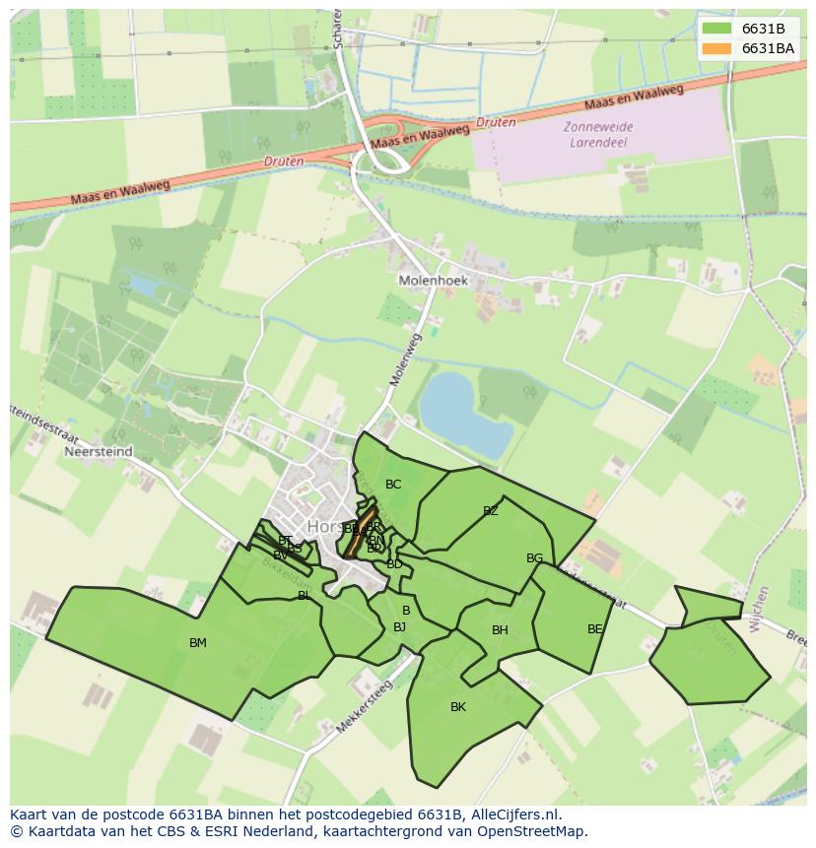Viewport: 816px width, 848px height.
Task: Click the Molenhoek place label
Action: (433, 281)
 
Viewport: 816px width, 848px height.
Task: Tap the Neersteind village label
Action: (96, 453)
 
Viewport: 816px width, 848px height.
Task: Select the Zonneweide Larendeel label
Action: (598, 134)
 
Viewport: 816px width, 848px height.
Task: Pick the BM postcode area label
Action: (198, 643)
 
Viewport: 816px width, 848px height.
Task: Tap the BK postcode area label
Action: (458, 707)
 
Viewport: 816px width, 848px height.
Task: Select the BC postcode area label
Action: (393, 484)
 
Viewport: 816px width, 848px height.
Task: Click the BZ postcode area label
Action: (491, 511)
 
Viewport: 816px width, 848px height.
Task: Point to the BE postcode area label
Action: (595, 629)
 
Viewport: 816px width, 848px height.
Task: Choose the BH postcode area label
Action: (500, 630)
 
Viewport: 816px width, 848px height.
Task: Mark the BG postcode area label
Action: (534, 558)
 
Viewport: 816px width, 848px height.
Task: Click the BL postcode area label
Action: (305, 596)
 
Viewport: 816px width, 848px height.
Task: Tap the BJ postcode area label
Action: (399, 627)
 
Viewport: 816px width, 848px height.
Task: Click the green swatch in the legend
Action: (717, 29)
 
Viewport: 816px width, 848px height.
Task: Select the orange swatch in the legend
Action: (717, 48)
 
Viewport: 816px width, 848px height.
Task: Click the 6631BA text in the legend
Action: (768, 48)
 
